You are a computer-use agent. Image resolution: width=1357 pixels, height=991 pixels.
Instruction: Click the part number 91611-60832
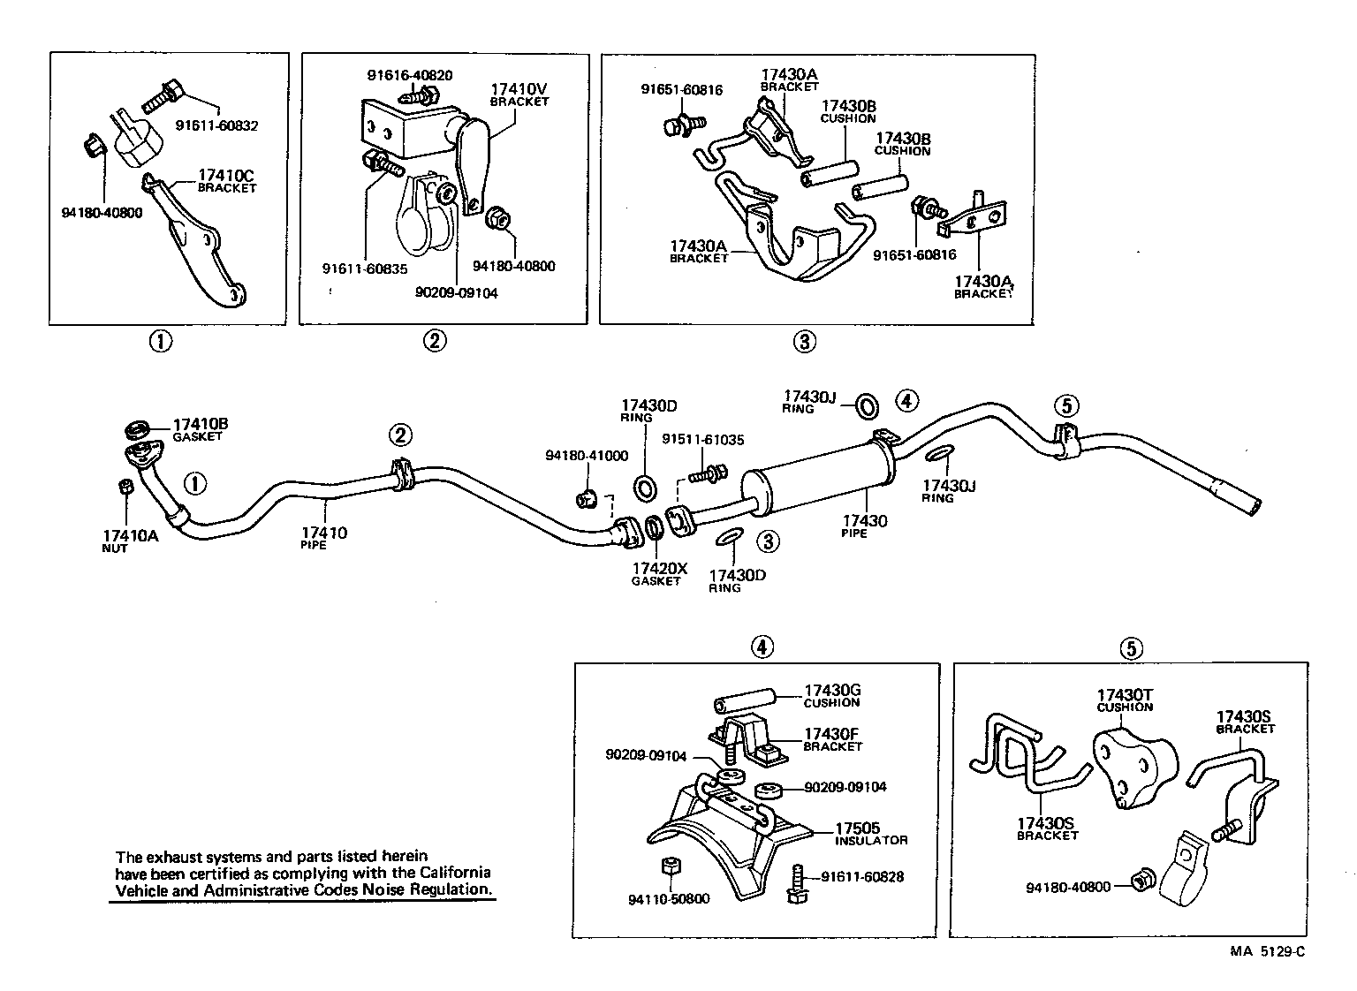(216, 125)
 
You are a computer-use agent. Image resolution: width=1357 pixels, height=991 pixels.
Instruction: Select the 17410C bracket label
(226, 180)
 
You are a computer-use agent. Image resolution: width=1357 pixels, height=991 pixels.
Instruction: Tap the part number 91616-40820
(410, 76)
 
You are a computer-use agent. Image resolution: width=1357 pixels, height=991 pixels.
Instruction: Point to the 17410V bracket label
(519, 94)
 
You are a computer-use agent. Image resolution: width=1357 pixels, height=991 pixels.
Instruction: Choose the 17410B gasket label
(201, 429)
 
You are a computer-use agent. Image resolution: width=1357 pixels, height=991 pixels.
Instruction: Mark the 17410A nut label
(130, 540)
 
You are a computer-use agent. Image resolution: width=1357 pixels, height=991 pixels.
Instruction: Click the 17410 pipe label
(323, 537)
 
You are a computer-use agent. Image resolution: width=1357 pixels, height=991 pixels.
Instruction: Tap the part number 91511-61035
(702, 438)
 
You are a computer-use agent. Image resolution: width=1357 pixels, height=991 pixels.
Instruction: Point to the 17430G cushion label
(831, 695)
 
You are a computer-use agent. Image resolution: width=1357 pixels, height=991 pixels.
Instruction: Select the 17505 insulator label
(871, 833)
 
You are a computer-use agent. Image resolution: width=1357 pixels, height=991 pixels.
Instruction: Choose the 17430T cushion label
(1125, 700)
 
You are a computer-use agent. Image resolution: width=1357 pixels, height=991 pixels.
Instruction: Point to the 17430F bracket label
(832, 739)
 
